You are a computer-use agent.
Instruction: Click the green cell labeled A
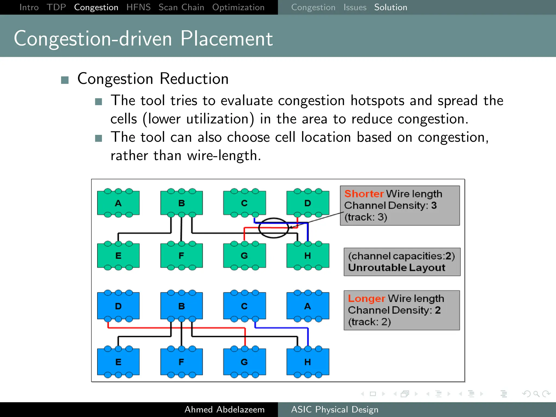click(118, 203)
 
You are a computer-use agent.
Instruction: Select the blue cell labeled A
click(308, 306)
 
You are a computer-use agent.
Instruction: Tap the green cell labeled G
click(244, 255)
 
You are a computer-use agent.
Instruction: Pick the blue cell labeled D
click(118, 306)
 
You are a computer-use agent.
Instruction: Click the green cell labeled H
click(308, 255)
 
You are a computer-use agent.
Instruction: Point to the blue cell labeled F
click(181, 362)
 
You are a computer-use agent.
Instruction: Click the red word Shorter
click(364, 194)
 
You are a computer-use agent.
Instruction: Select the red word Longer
click(366, 298)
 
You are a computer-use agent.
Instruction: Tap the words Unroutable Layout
click(396, 268)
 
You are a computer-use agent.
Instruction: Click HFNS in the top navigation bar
click(138, 7)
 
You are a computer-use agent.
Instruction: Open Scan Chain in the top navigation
click(181, 7)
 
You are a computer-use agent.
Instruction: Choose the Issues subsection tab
click(355, 7)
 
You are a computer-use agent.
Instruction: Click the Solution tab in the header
click(390, 7)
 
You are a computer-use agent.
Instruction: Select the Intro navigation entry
click(29, 7)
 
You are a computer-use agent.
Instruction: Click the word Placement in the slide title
click(226, 39)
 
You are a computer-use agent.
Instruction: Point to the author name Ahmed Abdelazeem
click(224, 409)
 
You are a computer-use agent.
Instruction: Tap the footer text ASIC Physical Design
click(334, 409)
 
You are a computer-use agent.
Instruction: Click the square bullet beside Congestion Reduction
click(65, 80)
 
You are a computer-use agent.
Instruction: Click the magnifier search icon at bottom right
click(536, 394)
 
